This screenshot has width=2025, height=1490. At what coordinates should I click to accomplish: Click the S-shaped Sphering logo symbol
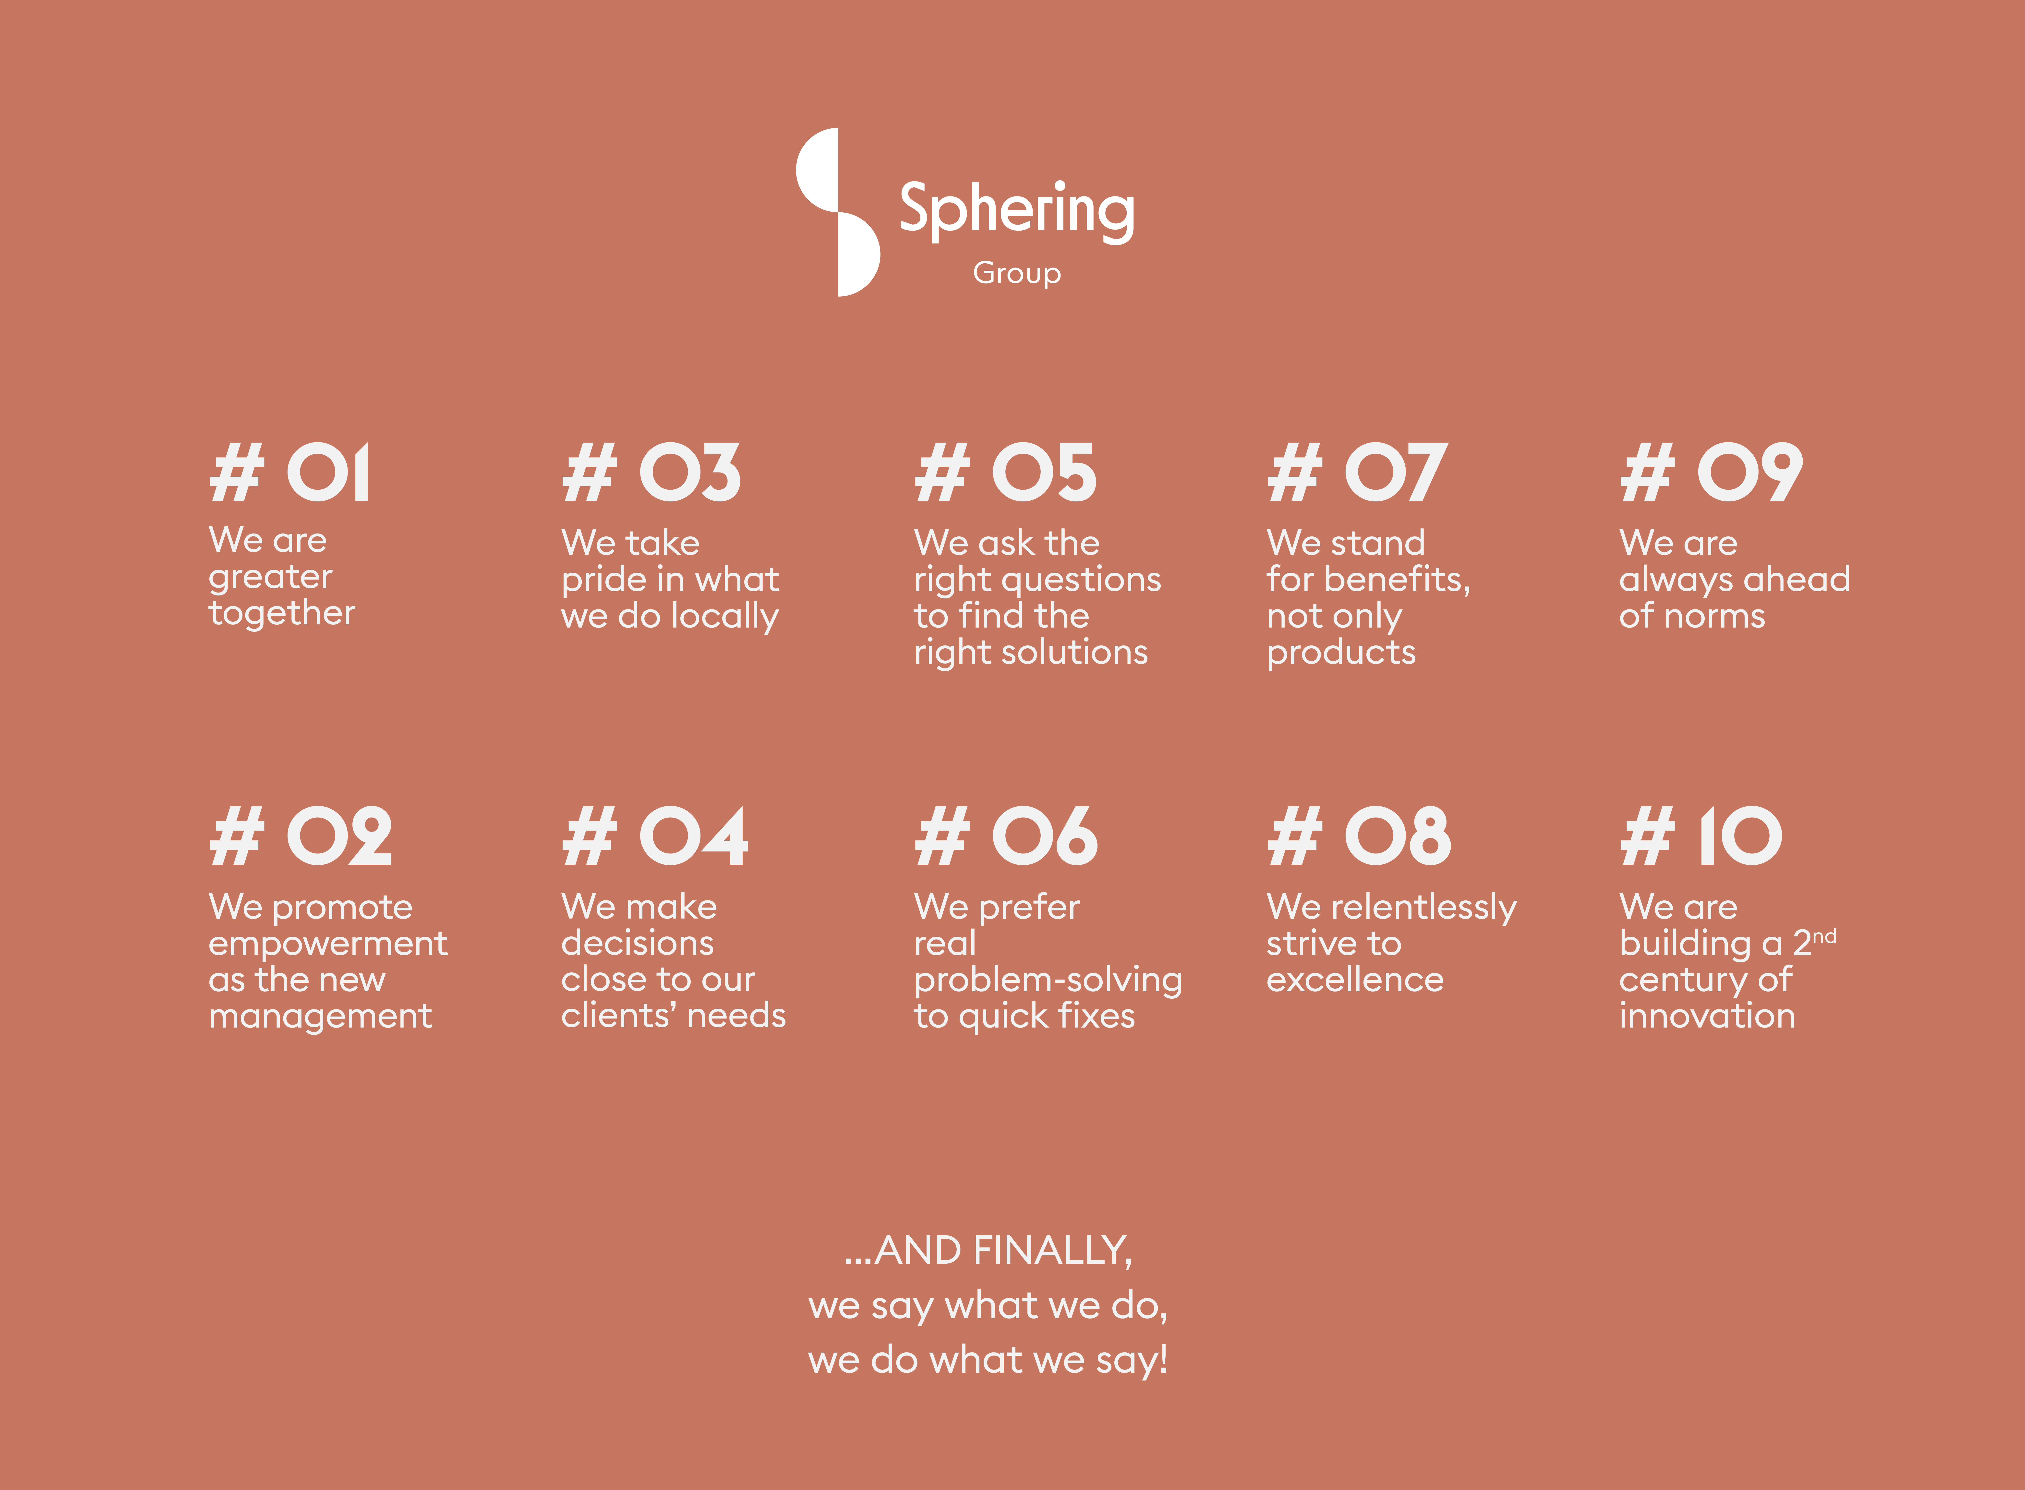click(838, 212)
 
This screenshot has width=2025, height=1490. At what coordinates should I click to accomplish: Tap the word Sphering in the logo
click(1017, 211)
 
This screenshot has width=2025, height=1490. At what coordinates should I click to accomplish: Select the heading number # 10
click(1701, 836)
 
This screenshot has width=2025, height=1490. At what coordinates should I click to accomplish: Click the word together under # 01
click(282, 613)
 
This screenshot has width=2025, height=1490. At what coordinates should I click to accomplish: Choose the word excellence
click(1355, 980)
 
